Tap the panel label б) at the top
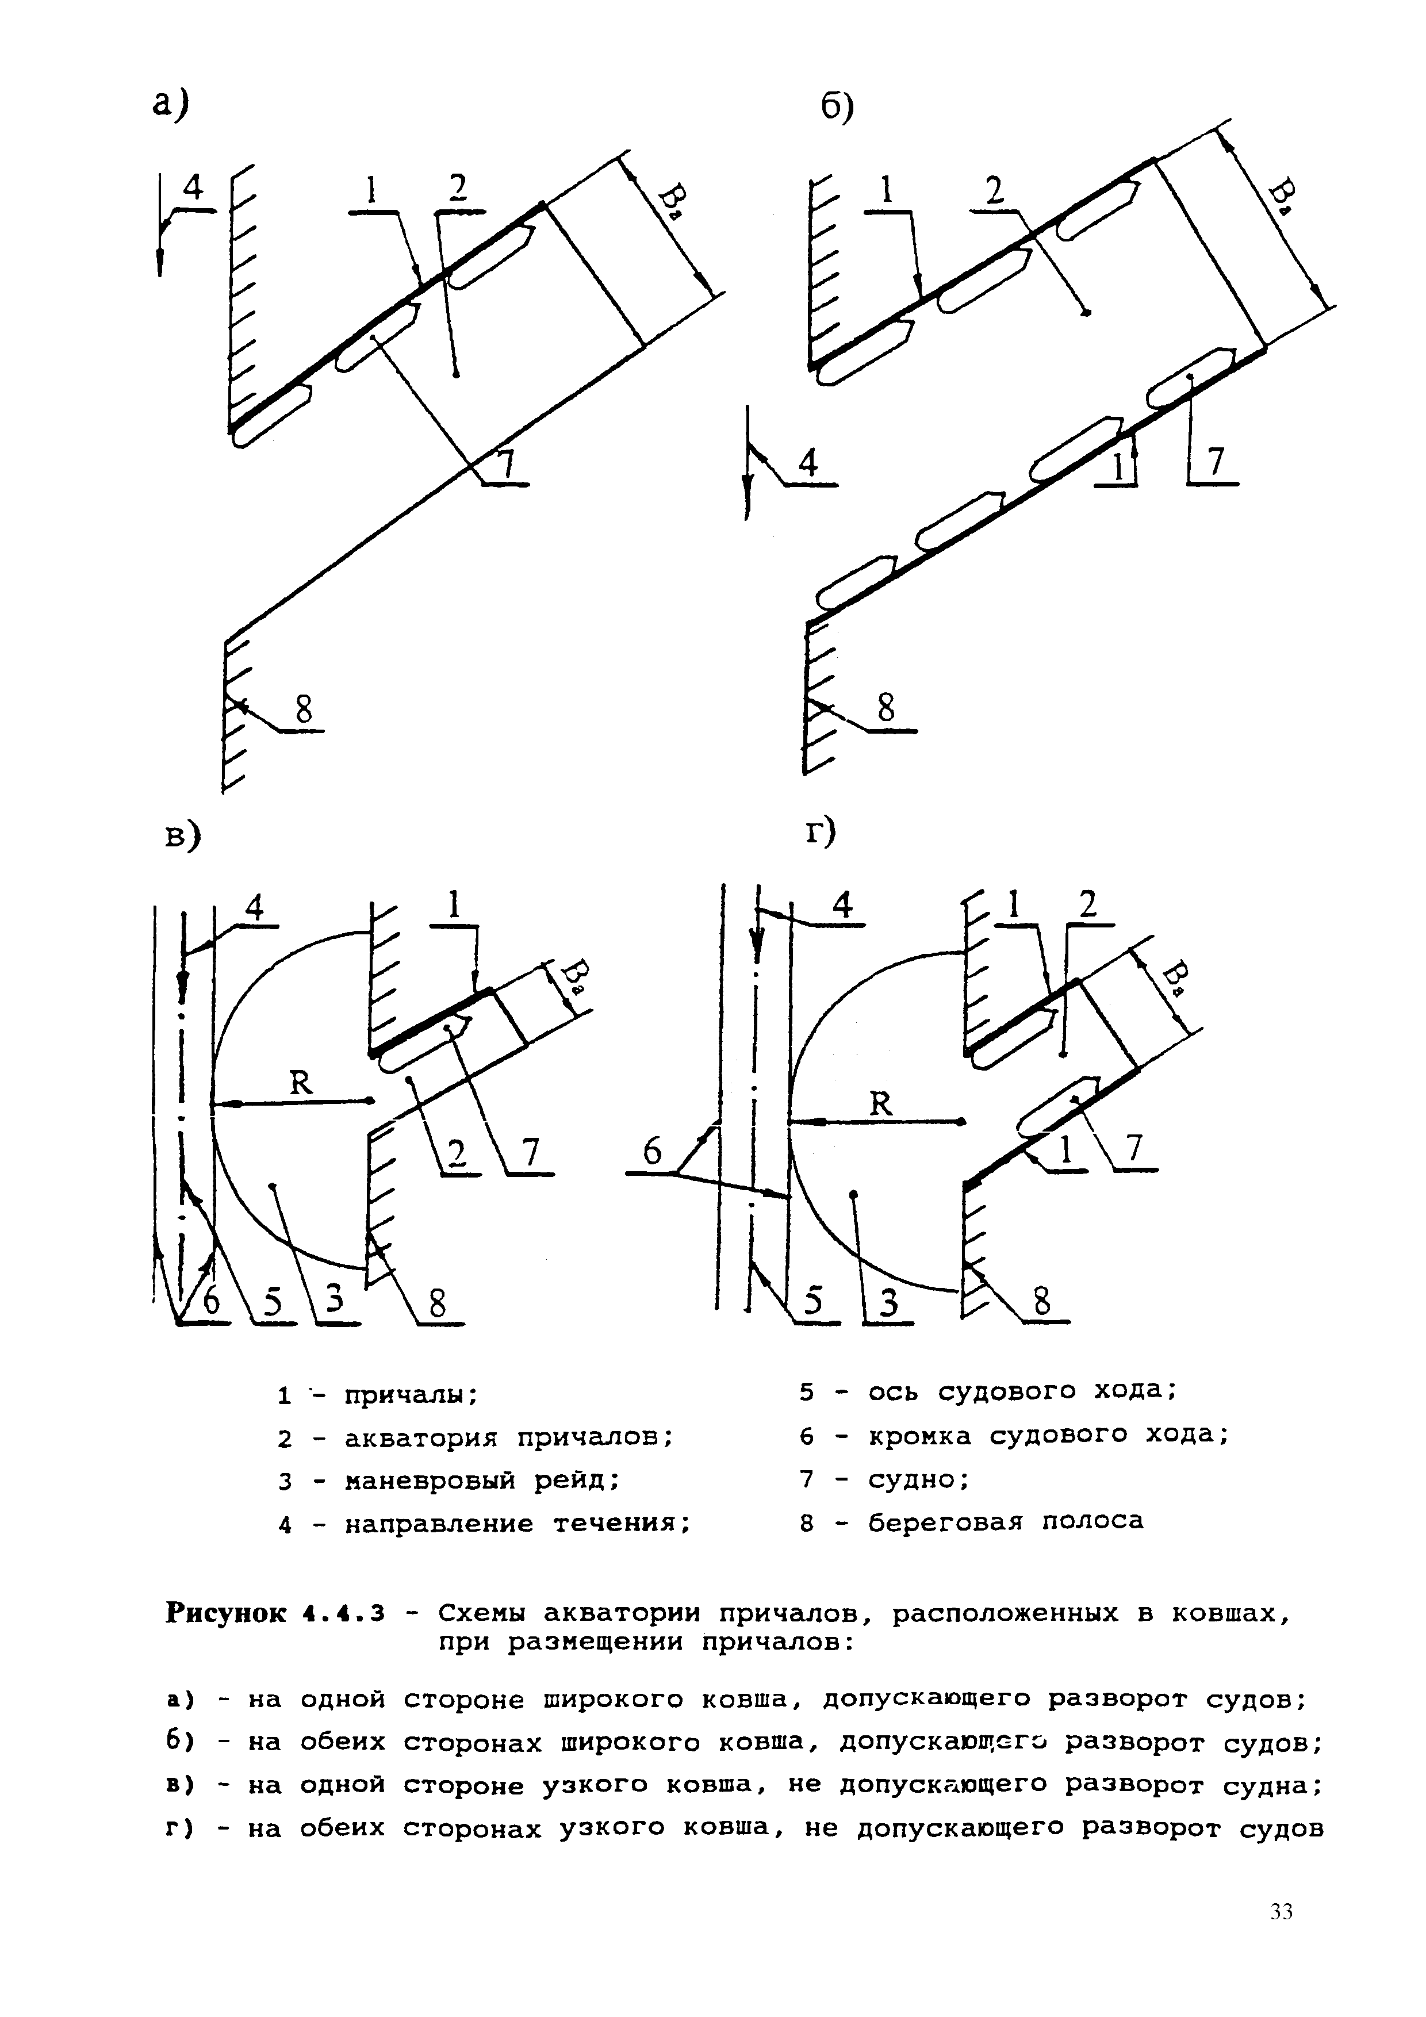[837, 109]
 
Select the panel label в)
[183, 837]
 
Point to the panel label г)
[822, 831]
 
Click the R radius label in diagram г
[880, 1103]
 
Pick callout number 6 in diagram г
[652, 1152]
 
